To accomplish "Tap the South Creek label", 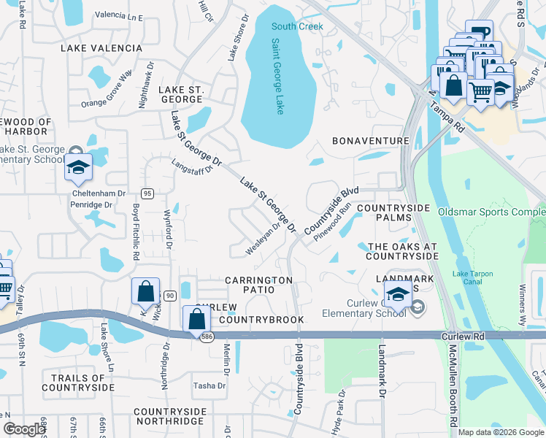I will pyautogui.click(x=297, y=27).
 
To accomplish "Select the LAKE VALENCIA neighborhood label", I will pyautogui.click(x=102, y=48).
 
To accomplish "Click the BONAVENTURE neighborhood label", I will pyautogui.click(x=370, y=140).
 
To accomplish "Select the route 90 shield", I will pyautogui.click(x=169, y=295).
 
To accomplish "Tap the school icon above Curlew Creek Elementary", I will pyautogui.click(x=398, y=294).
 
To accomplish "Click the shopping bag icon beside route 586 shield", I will pyautogui.click(x=196, y=319).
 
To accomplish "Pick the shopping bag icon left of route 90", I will pyautogui.click(x=146, y=291).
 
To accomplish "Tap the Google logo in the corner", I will pyautogui.click(x=24, y=429).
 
